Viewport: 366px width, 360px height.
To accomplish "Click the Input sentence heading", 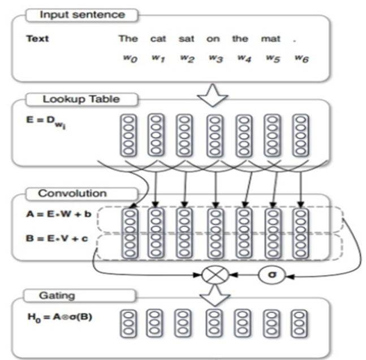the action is (x=83, y=15).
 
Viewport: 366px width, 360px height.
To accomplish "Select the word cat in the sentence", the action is (x=158, y=38).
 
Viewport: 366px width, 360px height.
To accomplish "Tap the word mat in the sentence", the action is (x=270, y=38).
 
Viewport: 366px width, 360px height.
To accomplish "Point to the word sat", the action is (x=186, y=38).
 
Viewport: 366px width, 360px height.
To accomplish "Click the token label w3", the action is (x=216, y=58).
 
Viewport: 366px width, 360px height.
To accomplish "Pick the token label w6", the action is (x=302, y=58).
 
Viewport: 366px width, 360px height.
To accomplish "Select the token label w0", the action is (x=130, y=58).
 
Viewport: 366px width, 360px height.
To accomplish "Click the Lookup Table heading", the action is (x=81, y=99).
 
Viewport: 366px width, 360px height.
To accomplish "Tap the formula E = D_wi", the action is (x=46, y=122).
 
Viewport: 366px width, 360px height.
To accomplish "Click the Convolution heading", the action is (x=72, y=194).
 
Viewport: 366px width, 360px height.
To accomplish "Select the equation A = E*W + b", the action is (x=59, y=214).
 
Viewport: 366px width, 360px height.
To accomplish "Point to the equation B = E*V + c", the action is (x=57, y=238).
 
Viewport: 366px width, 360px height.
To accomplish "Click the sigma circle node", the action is (x=272, y=275).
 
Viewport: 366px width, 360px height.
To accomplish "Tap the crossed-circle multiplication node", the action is (x=215, y=275).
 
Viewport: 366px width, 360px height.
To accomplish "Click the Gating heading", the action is (x=57, y=295).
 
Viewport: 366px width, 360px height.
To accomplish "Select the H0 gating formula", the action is (x=60, y=318).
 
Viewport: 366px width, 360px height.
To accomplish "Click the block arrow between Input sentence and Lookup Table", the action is (x=212, y=95).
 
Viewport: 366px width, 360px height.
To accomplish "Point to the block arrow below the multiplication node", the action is (x=215, y=295).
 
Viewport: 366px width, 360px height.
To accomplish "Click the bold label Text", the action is (x=37, y=38).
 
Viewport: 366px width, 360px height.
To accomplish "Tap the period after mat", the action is (x=294, y=41).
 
